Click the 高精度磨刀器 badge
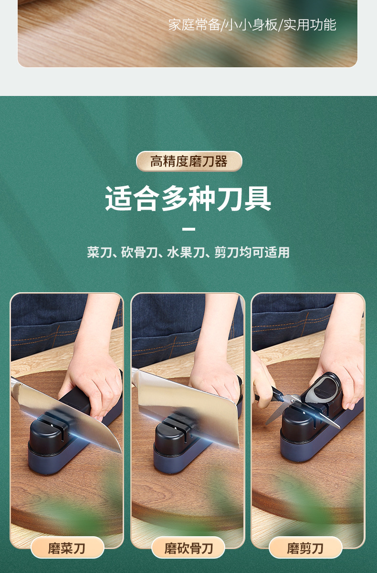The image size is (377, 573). point(189,161)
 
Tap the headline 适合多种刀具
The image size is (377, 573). point(188,199)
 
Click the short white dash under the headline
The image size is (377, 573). point(189,229)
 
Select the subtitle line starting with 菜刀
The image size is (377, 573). point(188,253)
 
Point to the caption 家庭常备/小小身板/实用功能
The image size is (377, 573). point(252,25)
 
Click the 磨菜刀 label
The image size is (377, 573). point(67,548)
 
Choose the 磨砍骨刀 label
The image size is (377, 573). point(188,548)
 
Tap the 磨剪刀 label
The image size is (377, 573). point(305,548)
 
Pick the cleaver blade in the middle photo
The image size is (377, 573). point(191,406)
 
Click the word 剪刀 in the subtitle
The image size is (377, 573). point(226,253)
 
